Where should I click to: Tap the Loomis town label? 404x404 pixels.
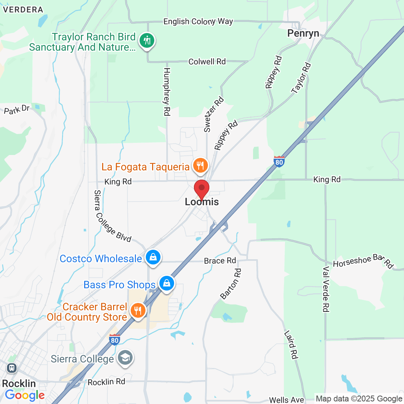[x=202, y=202]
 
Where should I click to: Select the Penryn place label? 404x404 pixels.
[x=303, y=33]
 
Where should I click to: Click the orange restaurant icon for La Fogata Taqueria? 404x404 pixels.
[x=200, y=166]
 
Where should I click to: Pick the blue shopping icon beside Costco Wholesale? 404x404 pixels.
[x=153, y=257]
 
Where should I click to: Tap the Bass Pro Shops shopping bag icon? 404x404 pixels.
[x=167, y=284]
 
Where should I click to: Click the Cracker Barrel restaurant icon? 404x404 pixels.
[x=138, y=311]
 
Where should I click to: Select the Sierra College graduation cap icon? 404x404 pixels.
[x=125, y=358]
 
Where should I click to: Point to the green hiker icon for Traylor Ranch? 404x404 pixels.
[x=147, y=40]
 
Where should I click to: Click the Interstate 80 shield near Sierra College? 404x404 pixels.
[x=115, y=339]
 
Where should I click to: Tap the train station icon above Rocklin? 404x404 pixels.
[x=12, y=368]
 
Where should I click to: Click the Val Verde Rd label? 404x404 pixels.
[x=325, y=289]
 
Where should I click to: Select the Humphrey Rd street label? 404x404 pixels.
[x=167, y=91]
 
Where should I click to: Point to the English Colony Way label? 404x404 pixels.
[x=198, y=22]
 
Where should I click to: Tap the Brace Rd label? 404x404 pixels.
[x=220, y=261]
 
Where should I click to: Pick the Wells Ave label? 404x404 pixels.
[x=286, y=400]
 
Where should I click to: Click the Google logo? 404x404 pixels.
[x=25, y=395]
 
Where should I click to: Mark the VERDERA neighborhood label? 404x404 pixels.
[x=23, y=10]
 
